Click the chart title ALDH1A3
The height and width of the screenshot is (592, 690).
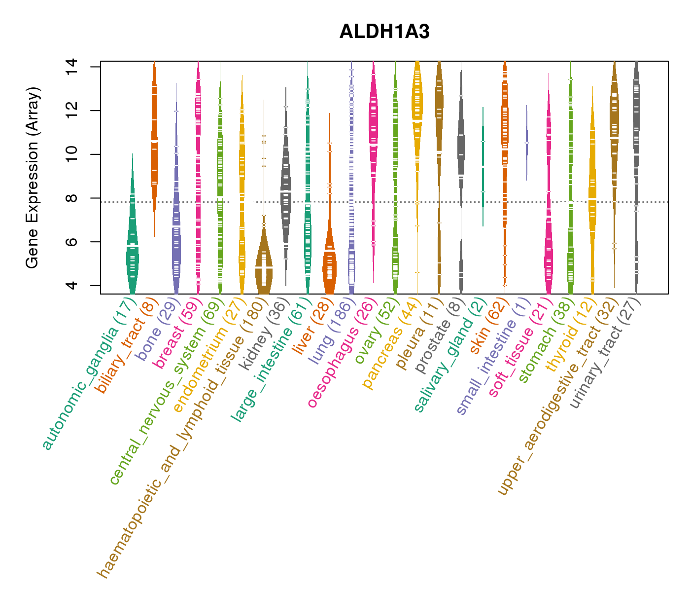pyautogui.click(x=384, y=32)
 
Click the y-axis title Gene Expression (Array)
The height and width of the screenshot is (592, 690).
pyautogui.click(x=33, y=178)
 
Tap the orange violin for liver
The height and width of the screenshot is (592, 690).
pyautogui.click(x=329, y=269)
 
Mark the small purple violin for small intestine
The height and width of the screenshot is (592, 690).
pyautogui.click(x=526, y=143)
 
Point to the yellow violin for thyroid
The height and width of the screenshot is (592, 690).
pyautogui.click(x=592, y=197)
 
